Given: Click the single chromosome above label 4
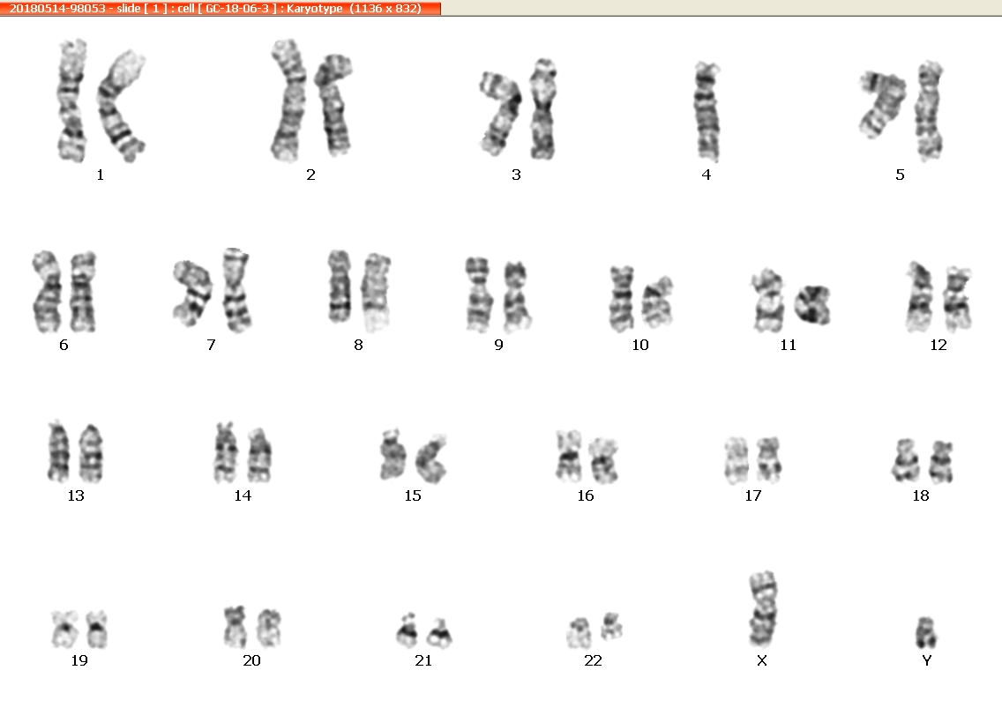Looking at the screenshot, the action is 707,112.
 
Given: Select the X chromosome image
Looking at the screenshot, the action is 763,609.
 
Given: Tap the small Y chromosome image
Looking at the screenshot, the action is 926,633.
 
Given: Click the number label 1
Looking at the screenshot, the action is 101,175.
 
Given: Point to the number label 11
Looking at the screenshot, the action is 788,345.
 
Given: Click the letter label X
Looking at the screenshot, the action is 762,660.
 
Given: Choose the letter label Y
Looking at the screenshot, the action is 927,660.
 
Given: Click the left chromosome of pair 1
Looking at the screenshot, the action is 71,101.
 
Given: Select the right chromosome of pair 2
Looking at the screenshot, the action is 333,106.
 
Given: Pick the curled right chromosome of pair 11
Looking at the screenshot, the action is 812,304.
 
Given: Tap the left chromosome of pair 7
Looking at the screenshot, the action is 192,293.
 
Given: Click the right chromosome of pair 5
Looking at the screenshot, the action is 929,111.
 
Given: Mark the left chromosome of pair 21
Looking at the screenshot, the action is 407,630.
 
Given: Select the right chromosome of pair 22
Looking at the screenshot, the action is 611,626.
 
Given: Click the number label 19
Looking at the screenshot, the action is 79,660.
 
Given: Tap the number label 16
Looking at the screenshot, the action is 586,495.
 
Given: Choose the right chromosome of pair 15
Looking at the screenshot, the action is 431,458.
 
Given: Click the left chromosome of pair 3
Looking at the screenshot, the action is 500,113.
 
